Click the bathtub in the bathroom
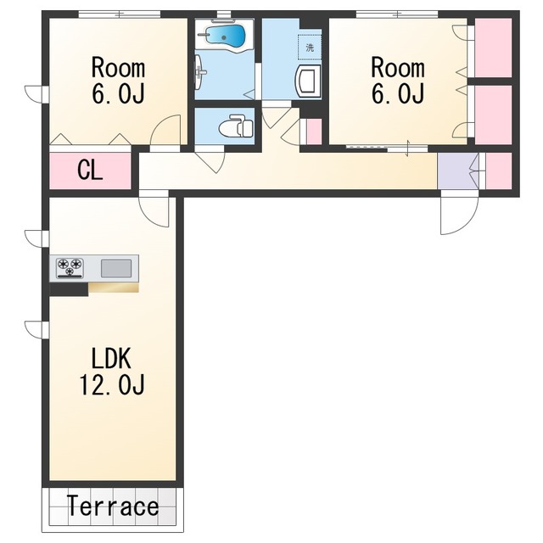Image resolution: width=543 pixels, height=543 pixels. pos(225,35)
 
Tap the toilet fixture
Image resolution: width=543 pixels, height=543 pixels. pos(236,126)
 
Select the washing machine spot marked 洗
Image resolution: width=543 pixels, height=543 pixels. pos(310,48)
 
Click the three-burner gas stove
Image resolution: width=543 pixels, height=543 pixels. pos(70,268)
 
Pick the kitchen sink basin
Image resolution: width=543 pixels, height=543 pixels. pos(116,268)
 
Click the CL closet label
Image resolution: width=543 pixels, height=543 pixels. pos(90,171)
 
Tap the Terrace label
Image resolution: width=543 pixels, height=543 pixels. pos(113,507)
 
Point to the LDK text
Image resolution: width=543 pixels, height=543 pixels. pos(111,358)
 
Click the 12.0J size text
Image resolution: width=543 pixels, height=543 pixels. pos(112,384)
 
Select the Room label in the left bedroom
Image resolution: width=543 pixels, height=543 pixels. pos(118,68)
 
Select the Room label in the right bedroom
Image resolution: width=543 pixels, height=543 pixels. pos(398,68)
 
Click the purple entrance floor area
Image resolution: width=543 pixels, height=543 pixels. pos(458,171)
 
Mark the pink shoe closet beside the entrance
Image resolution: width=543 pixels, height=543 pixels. pos(499,171)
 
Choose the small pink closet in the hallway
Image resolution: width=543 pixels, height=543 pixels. pos(315,132)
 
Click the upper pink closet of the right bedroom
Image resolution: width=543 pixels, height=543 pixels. pos(493,48)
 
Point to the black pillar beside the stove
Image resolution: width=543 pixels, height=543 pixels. pos(69,289)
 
